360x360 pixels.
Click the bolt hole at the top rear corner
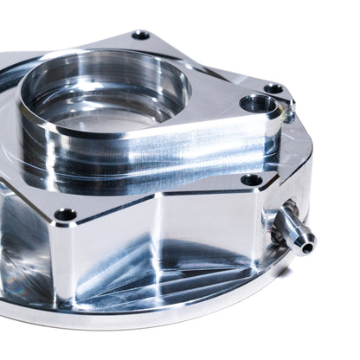pyautogui.click(x=141, y=35)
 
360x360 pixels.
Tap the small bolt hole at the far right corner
pyautogui.click(x=273, y=88)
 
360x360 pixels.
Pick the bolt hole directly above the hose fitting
pyautogui.click(x=252, y=180)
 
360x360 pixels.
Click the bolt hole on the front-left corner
pyautogui.click(x=66, y=214)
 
